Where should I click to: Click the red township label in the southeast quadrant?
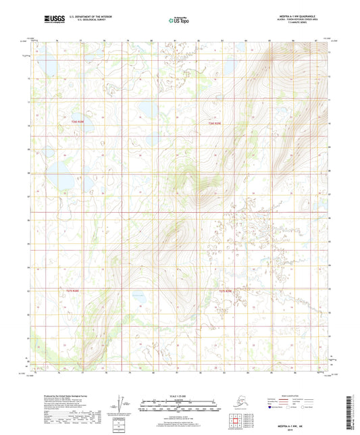(x=226, y=291)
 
